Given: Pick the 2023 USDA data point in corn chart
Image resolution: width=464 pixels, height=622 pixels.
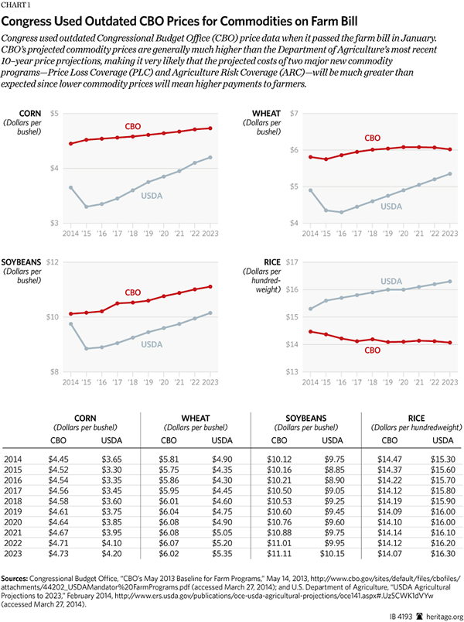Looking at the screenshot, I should click(210, 157).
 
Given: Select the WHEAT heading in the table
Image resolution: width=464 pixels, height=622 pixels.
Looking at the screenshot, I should click(196, 416).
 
